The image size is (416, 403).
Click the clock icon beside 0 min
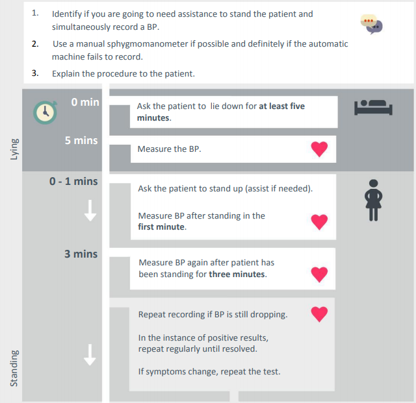45,112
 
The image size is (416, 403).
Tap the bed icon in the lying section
374,106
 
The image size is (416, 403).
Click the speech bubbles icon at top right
372,24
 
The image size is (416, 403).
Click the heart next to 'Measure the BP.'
319,149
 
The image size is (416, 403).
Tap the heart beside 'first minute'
318,222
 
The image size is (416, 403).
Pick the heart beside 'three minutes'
318,275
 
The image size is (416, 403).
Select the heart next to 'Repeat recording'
318,315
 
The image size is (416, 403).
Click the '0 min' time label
84,103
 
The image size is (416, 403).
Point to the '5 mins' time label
81,140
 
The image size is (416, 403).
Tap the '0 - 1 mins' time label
73,181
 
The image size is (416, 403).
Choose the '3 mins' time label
81,254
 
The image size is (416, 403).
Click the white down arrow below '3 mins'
90,354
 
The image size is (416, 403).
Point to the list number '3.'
35,73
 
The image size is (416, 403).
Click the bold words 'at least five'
281,106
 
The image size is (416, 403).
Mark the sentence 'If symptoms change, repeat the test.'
209,372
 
